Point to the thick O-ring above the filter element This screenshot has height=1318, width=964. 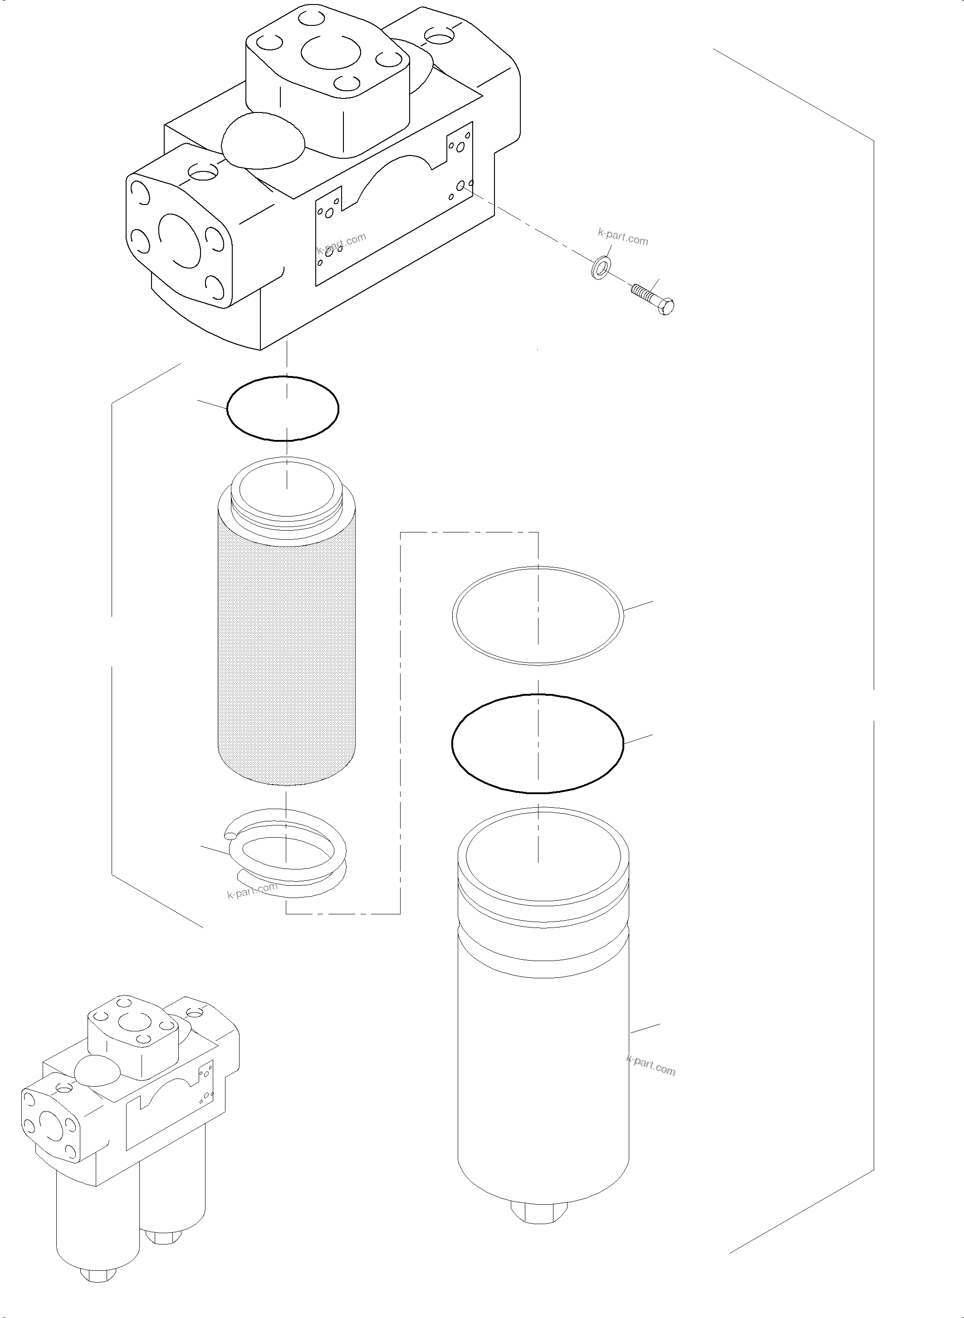283,408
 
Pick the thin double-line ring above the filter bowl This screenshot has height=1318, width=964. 538,616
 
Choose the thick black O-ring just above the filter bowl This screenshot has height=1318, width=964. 538,743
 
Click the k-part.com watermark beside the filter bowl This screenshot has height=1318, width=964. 651,1065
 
